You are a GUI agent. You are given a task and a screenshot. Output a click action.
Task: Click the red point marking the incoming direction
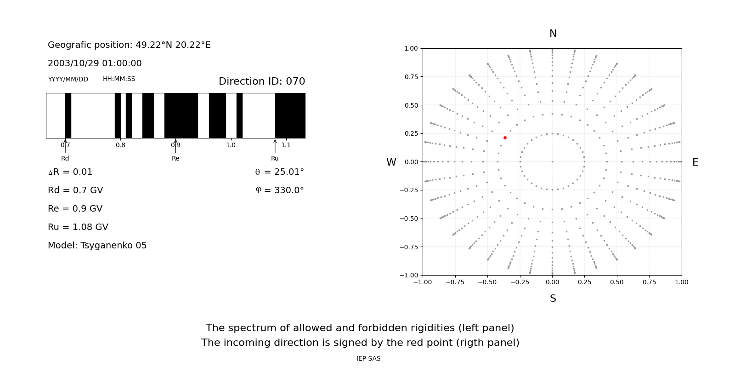click(505, 138)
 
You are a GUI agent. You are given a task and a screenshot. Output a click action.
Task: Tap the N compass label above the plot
click(553, 34)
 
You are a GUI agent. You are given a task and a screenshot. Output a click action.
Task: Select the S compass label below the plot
click(553, 299)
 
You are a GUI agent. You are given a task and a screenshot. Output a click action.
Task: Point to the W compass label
click(391, 162)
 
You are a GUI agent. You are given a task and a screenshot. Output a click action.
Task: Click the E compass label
click(695, 162)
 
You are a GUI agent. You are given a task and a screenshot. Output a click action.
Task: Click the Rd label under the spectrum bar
click(65, 158)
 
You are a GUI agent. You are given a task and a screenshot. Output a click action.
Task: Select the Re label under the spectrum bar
click(175, 158)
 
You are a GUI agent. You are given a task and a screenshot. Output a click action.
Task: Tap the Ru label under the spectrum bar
click(275, 158)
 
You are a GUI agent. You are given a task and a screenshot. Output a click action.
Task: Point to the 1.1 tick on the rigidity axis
click(286, 145)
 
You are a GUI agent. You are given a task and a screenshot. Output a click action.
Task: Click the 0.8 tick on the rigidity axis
click(120, 145)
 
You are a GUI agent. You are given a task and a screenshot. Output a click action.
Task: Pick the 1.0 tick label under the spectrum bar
click(231, 145)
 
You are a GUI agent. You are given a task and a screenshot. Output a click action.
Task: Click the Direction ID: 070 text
click(262, 81)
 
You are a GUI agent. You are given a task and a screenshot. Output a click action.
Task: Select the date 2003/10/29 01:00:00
click(95, 63)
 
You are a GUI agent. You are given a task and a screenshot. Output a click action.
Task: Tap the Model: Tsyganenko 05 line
click(97, 246)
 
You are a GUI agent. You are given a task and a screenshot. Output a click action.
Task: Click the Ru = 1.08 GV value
click(78, 227)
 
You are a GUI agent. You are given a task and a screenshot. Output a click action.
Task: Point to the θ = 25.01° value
click(279, 172)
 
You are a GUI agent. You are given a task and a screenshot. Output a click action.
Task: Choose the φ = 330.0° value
click(280, 190)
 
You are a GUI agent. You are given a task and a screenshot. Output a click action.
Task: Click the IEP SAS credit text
click(368, 358)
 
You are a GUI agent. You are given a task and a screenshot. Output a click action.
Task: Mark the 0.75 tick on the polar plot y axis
click(411, 77)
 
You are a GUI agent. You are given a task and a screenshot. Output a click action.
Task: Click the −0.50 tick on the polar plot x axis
click(487, 282)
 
